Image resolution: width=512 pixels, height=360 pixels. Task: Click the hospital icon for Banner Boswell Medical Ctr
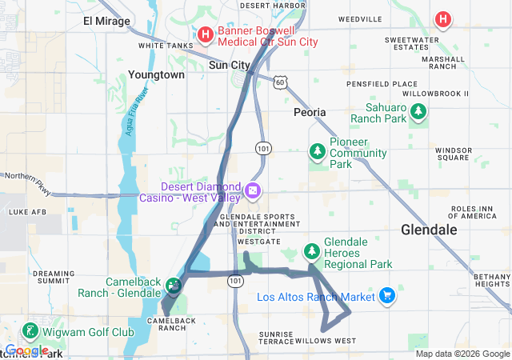point(205,34)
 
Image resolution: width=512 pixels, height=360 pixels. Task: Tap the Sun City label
point(230,66)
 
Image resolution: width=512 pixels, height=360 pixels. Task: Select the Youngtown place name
point(156,74)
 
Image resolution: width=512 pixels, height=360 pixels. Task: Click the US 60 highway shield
point(278,82)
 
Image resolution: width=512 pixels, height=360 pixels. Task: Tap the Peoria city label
point(310,112)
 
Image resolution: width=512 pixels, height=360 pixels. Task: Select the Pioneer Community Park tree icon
point(318,151)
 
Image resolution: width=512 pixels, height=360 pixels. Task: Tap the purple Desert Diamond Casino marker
point(253,190)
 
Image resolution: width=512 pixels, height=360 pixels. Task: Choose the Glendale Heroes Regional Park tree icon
point(311,253)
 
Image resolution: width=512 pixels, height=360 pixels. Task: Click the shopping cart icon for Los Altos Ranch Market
point(387,296)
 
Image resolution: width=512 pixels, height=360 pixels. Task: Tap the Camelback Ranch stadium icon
point(173,284)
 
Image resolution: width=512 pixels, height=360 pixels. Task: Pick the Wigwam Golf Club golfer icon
point(30,331)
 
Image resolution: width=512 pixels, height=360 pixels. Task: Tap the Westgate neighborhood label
point(258,241)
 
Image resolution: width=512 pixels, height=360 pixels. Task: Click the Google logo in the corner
point(26,350)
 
